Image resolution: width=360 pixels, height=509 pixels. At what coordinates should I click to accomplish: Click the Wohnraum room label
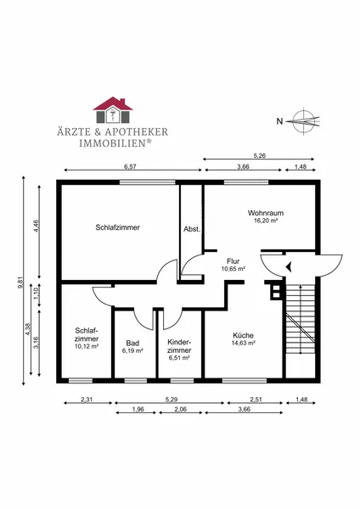pyautogui.click(x=266, y=213)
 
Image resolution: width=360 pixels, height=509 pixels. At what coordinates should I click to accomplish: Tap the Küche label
pyautogui.click(x=243, y=335)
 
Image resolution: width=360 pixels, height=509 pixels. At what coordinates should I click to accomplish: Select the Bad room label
pyautogui.click(x=132, y=343)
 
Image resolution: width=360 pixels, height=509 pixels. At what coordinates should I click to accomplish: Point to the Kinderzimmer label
pyautogui.click(x=179, y=346)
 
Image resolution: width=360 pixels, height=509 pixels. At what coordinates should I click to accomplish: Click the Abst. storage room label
pyautogui.click(x=192, y=229)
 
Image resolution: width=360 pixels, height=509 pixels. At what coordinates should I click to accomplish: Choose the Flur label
pyautogui.click(x=233, y=261)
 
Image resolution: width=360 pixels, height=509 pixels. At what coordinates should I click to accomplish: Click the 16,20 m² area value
pyautogui.click(x=266, y=221)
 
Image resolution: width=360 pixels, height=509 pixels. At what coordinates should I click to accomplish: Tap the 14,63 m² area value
pyautogui.click(x=243, y=343)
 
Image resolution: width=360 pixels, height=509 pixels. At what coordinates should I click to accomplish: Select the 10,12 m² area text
pyautogui.click(x=87, y=346)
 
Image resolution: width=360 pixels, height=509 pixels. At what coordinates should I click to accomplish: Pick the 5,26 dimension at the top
pyautogui.click(x=260, y=155)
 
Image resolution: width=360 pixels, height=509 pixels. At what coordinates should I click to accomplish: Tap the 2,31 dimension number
pyautogui.click(x=87, y=400)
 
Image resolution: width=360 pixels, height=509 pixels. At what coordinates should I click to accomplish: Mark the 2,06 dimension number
pyautogui.click(x=180, y=410)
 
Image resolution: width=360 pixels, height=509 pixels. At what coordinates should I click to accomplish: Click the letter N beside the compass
pyautogui.click(x=279, y=121)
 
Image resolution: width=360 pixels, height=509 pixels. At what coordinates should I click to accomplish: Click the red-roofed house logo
pyautogui.click(x=113, y=109)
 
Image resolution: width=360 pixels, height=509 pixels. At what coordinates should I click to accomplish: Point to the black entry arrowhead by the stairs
pyautogui.click(x=288, y=267)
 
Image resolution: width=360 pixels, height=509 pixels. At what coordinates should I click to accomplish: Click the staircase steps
pyautogui.click(x=301, y=319)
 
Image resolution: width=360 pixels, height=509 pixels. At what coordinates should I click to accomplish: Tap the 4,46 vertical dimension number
pyautogui.click(x=36, y=226)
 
